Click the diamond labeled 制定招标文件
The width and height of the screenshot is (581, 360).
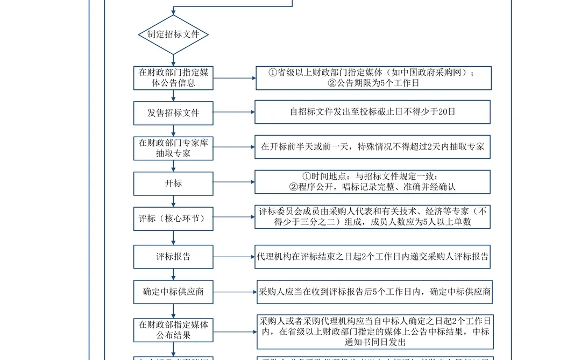coord(173,34)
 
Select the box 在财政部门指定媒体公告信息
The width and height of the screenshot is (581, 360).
coord(173,77)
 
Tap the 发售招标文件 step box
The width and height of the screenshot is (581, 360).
coord(173,112)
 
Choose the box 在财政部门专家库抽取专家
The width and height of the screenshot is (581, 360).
coord(173,148)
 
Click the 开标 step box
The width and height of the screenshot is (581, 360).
coord(173,183)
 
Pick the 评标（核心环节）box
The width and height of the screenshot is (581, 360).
coord(173,218)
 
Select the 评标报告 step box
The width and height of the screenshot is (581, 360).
coord(173,257)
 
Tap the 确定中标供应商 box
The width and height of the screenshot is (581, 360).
coord(173,292)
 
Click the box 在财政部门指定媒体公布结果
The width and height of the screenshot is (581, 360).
coord(173,330)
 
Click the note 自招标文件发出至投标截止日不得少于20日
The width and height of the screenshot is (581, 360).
coord(373,112)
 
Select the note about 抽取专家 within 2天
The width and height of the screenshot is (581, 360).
coord(373,147)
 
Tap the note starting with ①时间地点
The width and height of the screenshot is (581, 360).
coord(373,182)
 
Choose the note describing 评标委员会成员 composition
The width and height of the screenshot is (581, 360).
coord(373,216)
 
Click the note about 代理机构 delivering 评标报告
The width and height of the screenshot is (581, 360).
coord(373,257)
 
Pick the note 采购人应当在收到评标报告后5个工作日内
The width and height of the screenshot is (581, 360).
coord(373,292)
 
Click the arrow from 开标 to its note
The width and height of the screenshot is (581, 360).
coord(234,183)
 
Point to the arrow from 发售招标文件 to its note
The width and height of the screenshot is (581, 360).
coord(234,112)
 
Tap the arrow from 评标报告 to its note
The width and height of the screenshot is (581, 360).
coord(234,257)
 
